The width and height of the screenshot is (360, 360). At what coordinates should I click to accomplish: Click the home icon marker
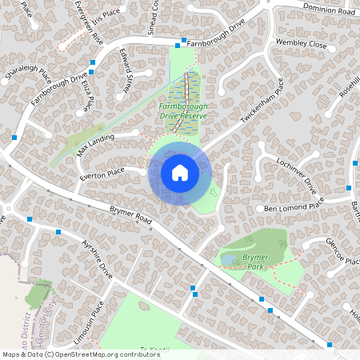point(179,172)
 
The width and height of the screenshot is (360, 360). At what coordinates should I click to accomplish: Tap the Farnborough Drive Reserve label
point(182,110)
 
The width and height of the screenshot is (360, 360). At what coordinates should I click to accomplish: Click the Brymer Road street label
point(131,218)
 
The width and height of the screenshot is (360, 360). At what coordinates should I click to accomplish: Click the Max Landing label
point(95,145)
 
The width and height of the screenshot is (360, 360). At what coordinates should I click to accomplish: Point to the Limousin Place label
point(92,320)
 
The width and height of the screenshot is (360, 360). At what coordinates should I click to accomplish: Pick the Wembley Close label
point(301,44)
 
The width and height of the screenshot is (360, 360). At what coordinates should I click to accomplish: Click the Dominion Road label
point(328,10)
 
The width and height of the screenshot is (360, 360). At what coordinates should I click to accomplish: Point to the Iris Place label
point(105,13)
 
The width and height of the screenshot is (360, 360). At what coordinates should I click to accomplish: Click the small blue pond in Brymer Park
point(230,260)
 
